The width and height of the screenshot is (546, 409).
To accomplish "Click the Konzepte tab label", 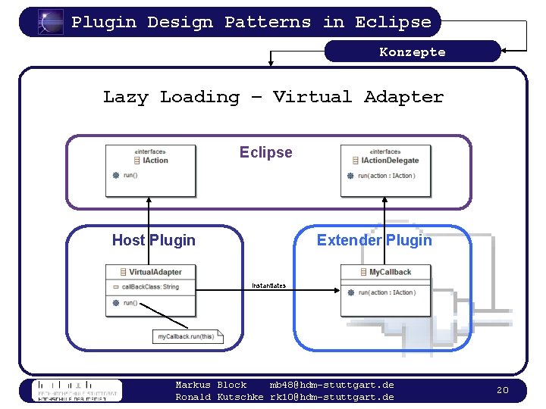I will [413, 52].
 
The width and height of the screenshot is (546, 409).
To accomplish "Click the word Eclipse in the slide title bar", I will [393, 22].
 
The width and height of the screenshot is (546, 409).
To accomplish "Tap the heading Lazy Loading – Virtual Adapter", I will [273, 97].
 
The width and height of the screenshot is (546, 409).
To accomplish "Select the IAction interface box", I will [150, 169].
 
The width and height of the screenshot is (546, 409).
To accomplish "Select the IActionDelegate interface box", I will [386, 169].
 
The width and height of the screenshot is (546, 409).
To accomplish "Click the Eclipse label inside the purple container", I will [265, 152].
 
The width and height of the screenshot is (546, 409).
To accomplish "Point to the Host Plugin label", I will [153, 240].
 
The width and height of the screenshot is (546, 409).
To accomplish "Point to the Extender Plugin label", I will [374, 240].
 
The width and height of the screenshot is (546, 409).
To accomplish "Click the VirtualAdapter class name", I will [155, 272].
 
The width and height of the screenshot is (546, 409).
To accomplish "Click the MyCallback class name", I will [390, 272].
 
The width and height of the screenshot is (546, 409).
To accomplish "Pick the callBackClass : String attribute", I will [150, 287].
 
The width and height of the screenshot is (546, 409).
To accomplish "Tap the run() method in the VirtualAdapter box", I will [130, 303].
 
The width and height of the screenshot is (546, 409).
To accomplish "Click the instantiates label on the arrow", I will [268, 286].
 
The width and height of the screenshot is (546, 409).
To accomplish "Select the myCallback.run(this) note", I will [187, 336].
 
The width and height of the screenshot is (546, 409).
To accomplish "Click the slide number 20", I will [502, 390].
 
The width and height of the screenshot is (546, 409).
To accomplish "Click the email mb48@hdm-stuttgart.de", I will [331, 385].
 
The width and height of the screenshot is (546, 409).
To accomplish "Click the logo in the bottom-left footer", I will [76, 390].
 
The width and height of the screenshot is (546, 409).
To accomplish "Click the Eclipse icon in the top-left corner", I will [51, 22].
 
